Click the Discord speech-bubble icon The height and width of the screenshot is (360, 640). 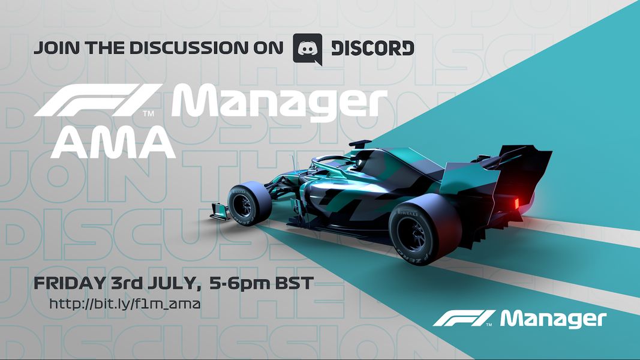coord(308,49)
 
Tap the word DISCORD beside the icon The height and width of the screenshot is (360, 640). coord(372,48)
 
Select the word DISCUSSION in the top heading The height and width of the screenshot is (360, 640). coord(189,48)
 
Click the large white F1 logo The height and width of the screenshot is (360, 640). coord(98,100)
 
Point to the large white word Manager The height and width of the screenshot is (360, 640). coord(279,103)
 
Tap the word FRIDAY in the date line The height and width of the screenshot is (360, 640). coord(70,283)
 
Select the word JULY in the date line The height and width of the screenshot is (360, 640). coord(174,283)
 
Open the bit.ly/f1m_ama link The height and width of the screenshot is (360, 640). coord(125,304)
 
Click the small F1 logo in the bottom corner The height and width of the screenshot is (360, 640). coord(464,319)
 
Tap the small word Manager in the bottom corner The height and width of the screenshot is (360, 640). coord(554,320)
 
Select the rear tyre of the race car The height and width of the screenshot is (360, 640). coord(425,229)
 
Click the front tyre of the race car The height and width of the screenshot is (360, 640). coord(248,203)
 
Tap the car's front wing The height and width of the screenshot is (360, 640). coord(221,211)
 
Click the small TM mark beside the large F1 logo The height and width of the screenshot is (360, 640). coord(148,113)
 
